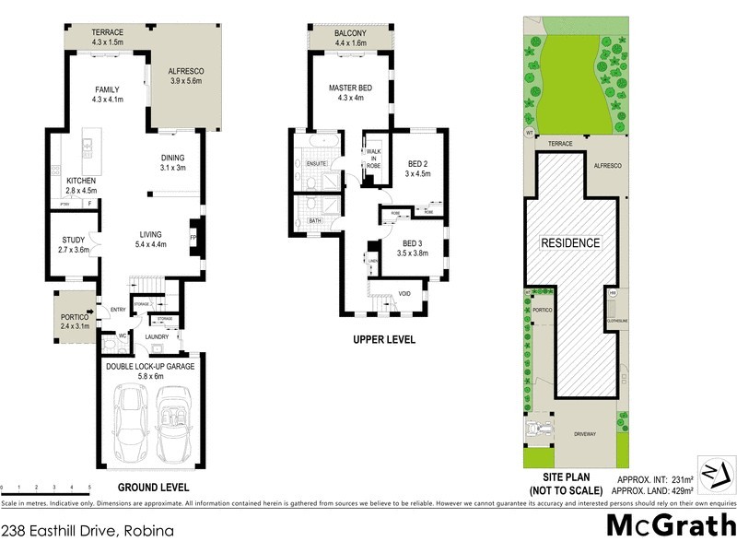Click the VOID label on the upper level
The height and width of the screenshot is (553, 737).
(x=404, y=296)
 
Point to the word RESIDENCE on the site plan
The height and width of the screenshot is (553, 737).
(x=570, y=243)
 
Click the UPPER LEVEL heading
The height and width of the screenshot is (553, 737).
(x=384, y=340)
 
